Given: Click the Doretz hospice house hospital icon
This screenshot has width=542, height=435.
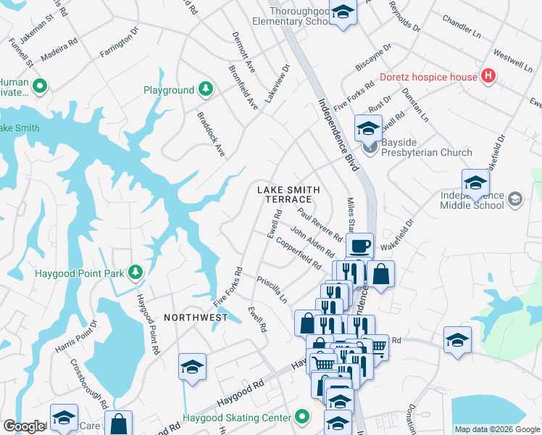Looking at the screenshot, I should point(488,76).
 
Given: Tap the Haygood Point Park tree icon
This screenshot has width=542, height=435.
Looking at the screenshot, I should point(135,273).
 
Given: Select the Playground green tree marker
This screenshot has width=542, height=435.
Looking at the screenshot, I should point(207,90).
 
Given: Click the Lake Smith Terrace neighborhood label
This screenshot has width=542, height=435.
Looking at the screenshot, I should point(288,194).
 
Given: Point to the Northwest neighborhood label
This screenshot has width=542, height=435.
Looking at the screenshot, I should point(191,318).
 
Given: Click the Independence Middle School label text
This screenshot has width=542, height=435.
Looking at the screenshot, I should point(472,201).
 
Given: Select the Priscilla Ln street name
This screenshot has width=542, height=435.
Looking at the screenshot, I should point(272,289).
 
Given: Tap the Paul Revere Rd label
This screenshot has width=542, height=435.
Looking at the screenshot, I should point(320,225).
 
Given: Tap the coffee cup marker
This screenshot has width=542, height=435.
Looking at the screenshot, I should point(359,246).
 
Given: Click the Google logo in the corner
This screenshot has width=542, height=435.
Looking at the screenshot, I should point(24,426).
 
